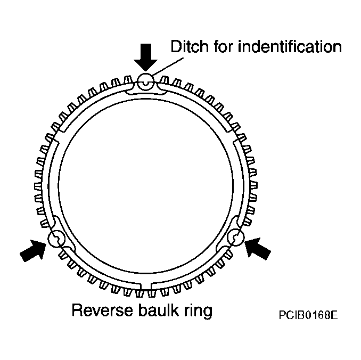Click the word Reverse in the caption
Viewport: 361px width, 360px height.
pyautogui.click(x=102, y=310)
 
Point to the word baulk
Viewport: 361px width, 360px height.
pyautogui.click(x=159, y=310)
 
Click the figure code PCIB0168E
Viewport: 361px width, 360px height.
pyautogui.click(x=308, y=315)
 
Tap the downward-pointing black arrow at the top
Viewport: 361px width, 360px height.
pyautogui.click(x=146, y=57)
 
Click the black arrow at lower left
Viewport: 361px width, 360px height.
pyautogui.click(x=33, y=250)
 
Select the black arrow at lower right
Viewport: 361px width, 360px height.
pyautogui.click(x=257, y=249)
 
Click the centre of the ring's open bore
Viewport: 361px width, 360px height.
pyautogui.click(x=146, y=186)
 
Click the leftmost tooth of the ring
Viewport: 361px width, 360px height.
pyautogui.click(x=38, y=186)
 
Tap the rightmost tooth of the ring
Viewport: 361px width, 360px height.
pyautogui.click(x=253, y=185)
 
